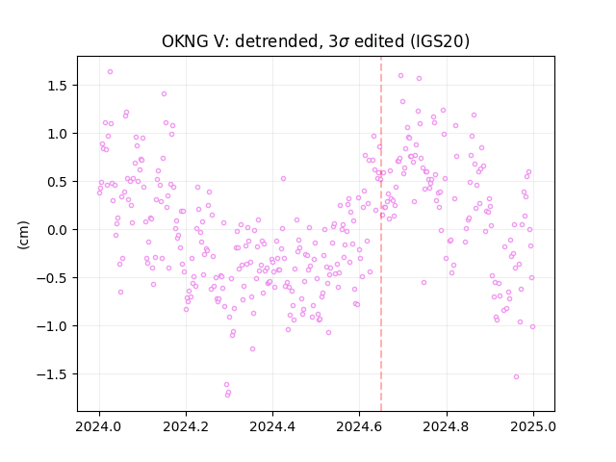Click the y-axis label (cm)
[23, 235]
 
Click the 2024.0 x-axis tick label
[99, 426]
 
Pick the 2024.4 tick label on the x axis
[272, 426]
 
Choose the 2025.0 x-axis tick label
[533, 426]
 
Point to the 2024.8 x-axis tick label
[447, 426]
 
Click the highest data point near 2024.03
[110, 71]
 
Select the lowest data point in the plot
[227, 395]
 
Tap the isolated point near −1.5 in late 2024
[516, 376]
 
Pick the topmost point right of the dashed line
[400, 75]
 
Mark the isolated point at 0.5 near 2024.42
[283, 178]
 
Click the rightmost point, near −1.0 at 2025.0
[532, 326]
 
